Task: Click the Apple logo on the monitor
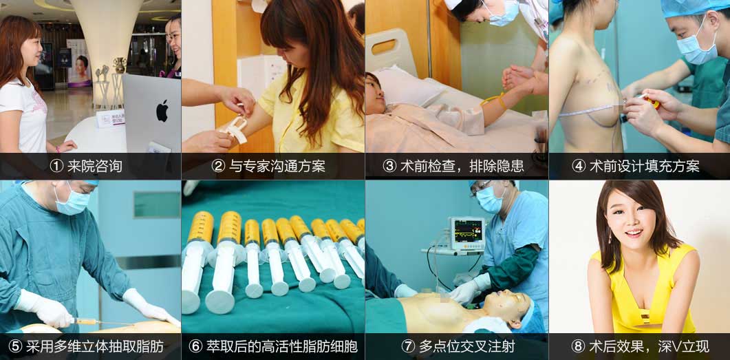162,110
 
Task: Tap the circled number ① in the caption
56,167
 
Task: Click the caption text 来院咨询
94,167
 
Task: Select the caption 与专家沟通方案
277,167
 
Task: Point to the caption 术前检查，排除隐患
462,167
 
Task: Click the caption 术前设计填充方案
644,167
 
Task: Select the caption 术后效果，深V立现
649,346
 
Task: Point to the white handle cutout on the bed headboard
384,47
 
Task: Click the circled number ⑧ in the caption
578,346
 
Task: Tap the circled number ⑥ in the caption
195,346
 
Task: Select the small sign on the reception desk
110,118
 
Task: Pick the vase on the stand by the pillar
120,65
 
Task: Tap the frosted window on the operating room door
157,204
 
